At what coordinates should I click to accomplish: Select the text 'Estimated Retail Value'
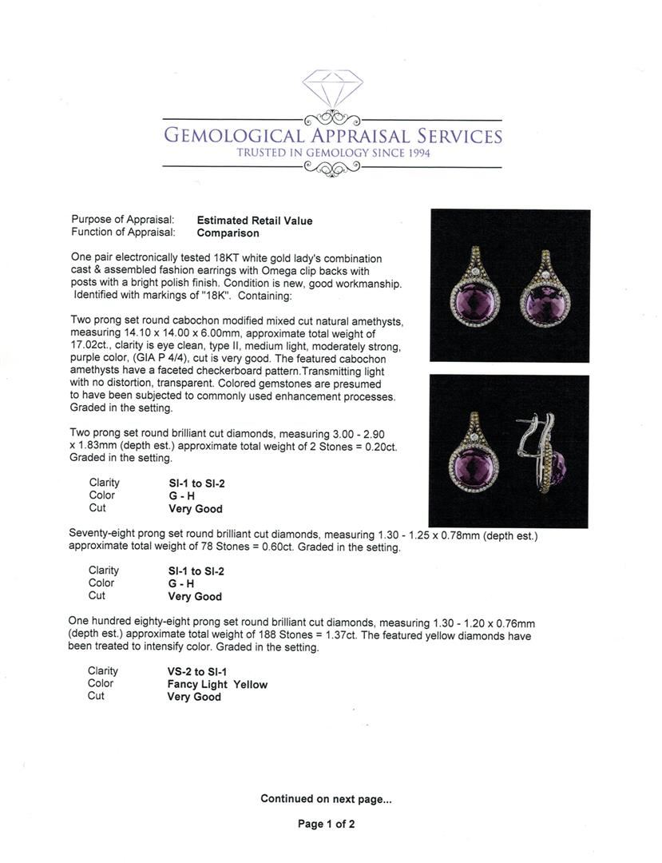point(255,221)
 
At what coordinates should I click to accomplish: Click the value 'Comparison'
point(228,233)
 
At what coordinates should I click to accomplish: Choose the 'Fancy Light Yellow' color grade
point(217,685)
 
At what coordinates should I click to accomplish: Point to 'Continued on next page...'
point(326,799)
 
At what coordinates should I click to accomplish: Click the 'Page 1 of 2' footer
point(326,825)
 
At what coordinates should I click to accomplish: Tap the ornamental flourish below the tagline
point(332,168)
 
